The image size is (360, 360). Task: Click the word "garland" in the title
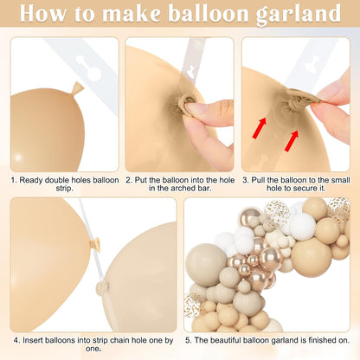click(299, 14)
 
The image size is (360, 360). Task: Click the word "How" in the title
click(42, 13)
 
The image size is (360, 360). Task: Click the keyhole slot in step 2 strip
click(191, 71)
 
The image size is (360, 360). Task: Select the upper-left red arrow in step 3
click(259, 128)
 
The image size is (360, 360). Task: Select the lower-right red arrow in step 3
click(292, 141)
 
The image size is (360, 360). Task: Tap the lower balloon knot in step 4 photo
click(102, 288)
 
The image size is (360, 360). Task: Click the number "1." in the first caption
click(14, 180)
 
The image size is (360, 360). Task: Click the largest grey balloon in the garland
click(206, 265)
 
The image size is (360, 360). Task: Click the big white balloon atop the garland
click(302, 226)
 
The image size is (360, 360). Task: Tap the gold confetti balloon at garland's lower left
click(194, 305)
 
